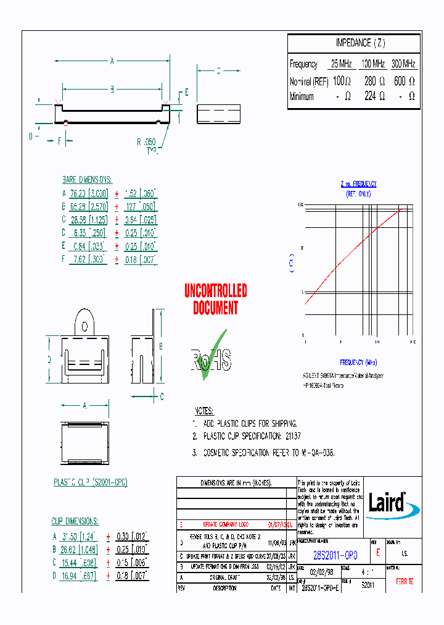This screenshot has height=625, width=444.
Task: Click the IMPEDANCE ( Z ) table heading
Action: [360, 43]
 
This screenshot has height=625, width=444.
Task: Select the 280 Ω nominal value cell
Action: [374, 81]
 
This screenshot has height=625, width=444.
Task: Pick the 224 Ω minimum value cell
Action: [374, 96]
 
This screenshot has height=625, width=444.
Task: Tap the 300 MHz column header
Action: [404, 64]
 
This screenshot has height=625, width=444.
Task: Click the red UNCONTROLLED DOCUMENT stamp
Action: [216, 299]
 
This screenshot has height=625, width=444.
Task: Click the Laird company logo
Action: [392, 501]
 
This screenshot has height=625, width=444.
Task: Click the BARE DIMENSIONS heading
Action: [87, 179]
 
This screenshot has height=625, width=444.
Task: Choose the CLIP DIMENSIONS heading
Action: [75, 521]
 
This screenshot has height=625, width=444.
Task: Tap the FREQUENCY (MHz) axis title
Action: [358, 363]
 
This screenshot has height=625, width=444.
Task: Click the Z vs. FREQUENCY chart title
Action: [358, 184]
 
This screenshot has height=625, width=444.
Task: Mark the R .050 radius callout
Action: [147, 141]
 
